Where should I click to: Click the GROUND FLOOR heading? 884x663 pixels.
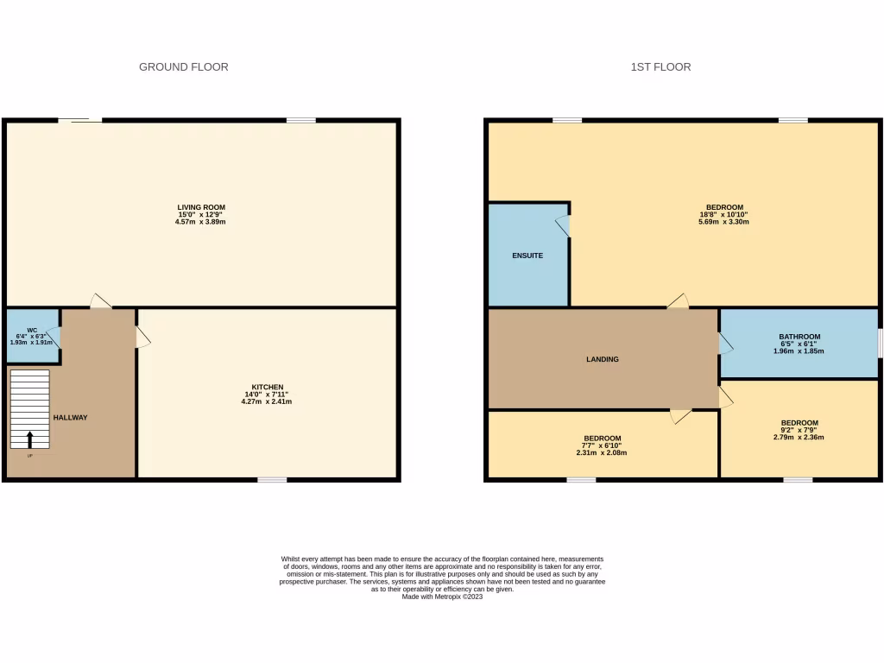coord(184,66)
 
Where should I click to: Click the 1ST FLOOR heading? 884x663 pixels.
coord(660,66)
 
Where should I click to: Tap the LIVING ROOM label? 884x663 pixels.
coord(201,207)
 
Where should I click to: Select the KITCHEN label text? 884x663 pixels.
coord(268,387)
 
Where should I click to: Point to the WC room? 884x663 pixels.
coord(32,336)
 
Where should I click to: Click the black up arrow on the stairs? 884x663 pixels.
coord(31,439)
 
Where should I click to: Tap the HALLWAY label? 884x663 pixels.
coord(70,418)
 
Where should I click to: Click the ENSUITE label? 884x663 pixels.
coord(527,256)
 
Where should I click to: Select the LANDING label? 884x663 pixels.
coord(603,359)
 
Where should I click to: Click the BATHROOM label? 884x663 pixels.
coord(799,337)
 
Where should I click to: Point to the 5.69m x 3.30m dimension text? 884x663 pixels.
coord(723,222)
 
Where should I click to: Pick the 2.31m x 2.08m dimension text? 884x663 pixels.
coord(602,452)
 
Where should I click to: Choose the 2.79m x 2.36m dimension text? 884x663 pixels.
coord(799,438)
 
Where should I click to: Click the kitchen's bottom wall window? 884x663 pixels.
coord(272,479)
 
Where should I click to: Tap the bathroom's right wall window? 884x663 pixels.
coord(880,343)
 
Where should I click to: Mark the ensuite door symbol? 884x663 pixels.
coord(563,225)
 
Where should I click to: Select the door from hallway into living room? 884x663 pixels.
coord(101,301)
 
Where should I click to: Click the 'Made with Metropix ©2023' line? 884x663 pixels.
coord(442,597)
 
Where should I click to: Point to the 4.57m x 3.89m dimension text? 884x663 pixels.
coord(201,222)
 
